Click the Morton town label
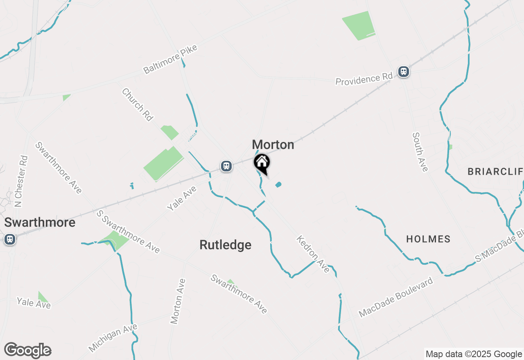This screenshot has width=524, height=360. click(273, 145)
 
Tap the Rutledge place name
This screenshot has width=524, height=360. click(225, 245)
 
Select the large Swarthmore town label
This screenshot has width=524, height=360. click(40, 223)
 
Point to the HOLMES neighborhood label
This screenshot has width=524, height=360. click(428, 239)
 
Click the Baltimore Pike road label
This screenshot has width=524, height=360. click(170, 59)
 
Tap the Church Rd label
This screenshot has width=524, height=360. click(137, 105)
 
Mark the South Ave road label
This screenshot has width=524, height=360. click(420, 152)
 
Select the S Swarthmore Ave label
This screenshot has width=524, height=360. click(128, 232)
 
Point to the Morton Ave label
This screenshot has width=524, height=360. click(178, 301)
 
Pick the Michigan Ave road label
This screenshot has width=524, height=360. click(113, 338)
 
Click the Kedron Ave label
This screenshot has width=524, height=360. click(313, 254)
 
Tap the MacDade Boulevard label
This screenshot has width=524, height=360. click(396, 297)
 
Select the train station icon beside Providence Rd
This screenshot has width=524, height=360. click(404, 72)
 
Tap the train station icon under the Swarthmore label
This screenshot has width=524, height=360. click(10, 239)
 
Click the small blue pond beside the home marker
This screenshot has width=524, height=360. click(278, 184)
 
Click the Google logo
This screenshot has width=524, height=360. click(27, 351)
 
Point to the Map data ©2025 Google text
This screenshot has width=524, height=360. click(474, 354)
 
